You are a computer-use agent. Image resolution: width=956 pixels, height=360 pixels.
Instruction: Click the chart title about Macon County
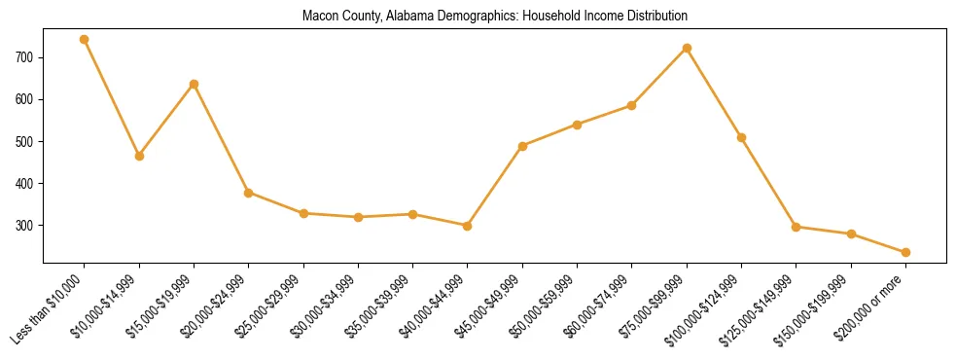point(495,16)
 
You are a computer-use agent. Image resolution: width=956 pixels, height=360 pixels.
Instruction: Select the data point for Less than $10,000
point(85,40)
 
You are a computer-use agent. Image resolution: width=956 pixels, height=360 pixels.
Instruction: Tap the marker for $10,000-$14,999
point(139,156)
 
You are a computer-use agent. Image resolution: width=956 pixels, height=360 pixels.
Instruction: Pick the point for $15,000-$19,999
point(195,84)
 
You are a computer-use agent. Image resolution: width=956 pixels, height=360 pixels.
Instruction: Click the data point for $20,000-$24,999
point(249,193)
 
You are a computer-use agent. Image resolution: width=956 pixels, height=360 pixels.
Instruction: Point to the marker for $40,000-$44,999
point(468,226)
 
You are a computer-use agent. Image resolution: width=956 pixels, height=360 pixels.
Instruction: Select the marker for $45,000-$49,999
point(523,146)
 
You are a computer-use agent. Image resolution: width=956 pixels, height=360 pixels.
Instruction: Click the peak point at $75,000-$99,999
point(688,48)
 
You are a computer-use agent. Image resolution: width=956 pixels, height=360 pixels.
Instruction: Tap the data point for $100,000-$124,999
point(742,137)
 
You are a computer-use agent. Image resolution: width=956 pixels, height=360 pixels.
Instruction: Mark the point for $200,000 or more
point(906,252)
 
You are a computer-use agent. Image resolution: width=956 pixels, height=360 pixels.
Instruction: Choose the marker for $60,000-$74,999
point(632,105)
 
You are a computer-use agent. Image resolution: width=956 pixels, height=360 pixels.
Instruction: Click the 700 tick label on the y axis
point(24,58)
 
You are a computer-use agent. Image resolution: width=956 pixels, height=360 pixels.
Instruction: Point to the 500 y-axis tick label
point(24,142)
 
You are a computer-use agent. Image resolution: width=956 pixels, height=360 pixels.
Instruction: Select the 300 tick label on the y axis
point(24,226)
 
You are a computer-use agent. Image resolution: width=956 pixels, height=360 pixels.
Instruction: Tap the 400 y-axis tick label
point(24,184)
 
